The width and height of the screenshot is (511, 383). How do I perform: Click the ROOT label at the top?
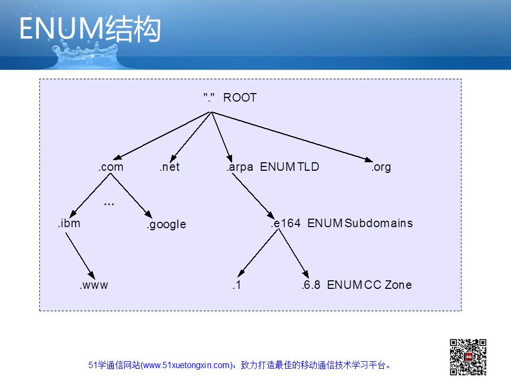point(240,97)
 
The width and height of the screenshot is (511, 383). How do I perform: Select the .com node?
point(111,166)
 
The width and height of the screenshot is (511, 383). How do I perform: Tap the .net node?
point(169,166)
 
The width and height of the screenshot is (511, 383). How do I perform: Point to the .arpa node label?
point(240,167)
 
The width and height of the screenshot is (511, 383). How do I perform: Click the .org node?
point(381,167)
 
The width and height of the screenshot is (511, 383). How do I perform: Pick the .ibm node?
point(69,223)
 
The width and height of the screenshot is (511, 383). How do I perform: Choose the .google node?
point(167,224)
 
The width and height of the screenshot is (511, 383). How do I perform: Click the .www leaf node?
point(94,285)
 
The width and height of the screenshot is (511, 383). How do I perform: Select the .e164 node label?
point(285,223)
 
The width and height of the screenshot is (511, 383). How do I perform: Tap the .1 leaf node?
point(237,285)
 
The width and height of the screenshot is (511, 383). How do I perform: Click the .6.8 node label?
point(311,285)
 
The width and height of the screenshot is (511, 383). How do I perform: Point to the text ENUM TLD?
point(290,166)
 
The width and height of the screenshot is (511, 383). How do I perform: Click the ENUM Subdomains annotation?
point(360,223)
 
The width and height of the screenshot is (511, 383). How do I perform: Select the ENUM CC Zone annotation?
point(369,285)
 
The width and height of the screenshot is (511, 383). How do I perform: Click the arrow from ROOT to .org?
point(292,137)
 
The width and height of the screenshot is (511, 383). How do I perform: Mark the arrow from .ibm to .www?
point(80,256)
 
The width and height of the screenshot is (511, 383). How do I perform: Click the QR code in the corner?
point(468,357)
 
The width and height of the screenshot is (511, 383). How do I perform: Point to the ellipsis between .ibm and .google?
point(109,204)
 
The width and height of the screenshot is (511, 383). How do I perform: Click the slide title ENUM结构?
point(90,29)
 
